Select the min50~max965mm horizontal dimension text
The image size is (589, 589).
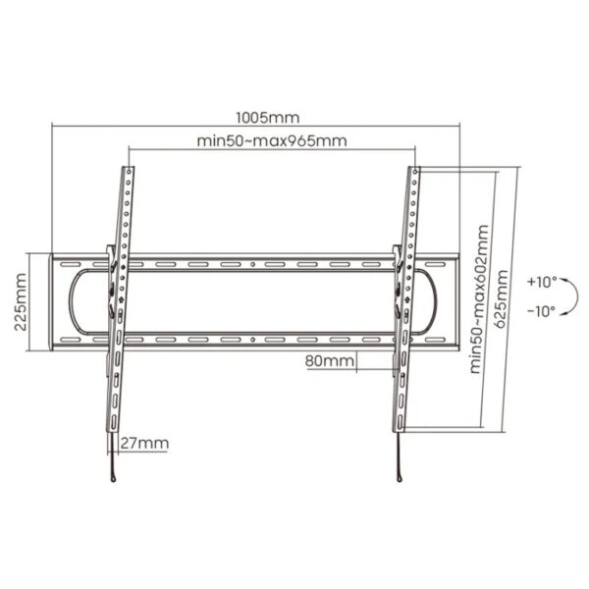(x=271, y=140)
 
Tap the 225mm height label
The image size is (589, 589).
(x=22, y=302)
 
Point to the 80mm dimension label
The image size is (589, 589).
(x=329, y=361)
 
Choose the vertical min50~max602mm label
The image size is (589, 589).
(x=478, y=299)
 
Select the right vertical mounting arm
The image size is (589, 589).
(x=403, y=314)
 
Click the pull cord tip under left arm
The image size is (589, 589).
(x=114, y=477)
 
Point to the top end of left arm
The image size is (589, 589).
(x=129, y=171)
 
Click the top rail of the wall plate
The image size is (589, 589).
(x=255, y=263)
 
